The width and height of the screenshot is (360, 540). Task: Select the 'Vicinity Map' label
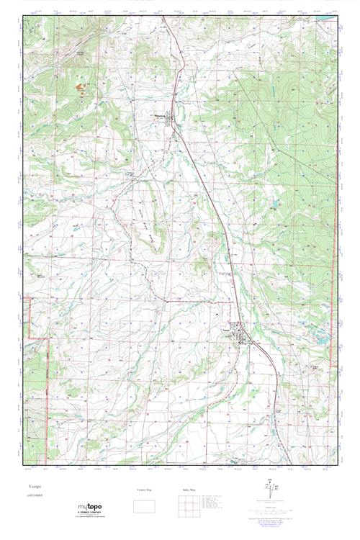pos(145,490)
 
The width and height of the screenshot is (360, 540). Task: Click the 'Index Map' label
pos(188,490)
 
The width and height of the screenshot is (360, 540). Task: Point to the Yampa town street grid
pos(244,336)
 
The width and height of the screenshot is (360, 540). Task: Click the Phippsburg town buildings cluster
pos(171,124)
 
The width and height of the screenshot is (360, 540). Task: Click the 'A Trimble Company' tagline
pos(90,514)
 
